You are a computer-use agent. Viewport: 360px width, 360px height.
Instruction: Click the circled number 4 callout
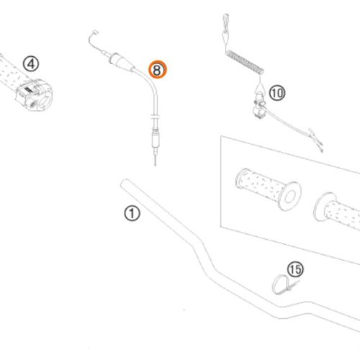coord(31,64)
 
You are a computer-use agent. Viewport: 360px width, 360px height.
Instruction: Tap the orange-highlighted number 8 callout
coord(157,69)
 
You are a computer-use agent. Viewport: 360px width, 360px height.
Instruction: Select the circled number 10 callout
coord(277,93)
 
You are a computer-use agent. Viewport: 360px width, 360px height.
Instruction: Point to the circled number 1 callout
coord(132,213)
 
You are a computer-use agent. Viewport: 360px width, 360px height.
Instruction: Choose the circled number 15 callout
coord(295,269)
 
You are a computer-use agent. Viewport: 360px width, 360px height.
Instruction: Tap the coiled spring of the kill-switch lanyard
coord(245,62)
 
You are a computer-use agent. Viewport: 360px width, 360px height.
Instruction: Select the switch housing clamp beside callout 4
coord(35,95)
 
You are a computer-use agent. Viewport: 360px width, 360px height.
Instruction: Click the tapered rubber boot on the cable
coord(122,63)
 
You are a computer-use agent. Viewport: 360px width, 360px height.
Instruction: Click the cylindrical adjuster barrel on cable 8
coord(156,140)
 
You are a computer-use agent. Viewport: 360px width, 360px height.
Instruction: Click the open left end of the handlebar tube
coord(125,184)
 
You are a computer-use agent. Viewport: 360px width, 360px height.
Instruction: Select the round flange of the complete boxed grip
coord(290,196)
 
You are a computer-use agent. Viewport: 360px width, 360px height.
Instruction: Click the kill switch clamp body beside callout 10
coord(259,106)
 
